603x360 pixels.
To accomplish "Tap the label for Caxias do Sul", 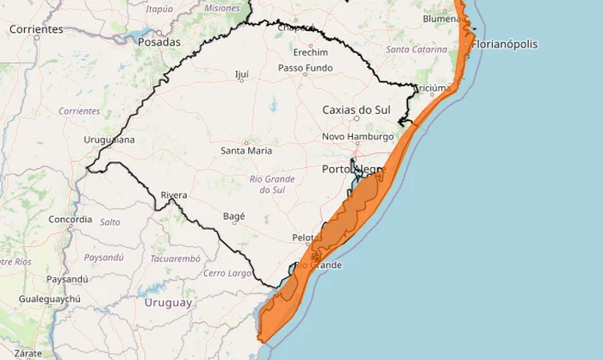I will click(x=356, y=110).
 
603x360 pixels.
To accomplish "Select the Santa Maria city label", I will click(x=246, y=151).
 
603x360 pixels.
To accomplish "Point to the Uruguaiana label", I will click(x=109, y=140).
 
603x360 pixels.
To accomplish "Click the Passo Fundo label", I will click(x=305, y=68).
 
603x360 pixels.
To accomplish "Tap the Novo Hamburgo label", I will click(x=357, y=137).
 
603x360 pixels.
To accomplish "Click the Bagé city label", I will click(x=233, y=216).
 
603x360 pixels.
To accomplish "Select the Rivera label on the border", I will click(x=174, y=196).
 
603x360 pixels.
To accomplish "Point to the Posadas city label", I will click(x=159, y=41).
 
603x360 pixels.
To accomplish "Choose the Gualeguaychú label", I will click(x=50, y=299).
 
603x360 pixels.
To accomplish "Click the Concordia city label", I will click(x=71, y=219).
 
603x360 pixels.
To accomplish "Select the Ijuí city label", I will click(x=241, y=75).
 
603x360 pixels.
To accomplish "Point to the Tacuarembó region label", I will click(x=175, y=258).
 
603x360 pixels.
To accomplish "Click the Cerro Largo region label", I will click(x=227, y=274).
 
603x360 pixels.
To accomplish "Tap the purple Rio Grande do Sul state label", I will click(x=271, y=184).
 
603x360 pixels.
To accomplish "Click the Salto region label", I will click(x=110, y=222).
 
